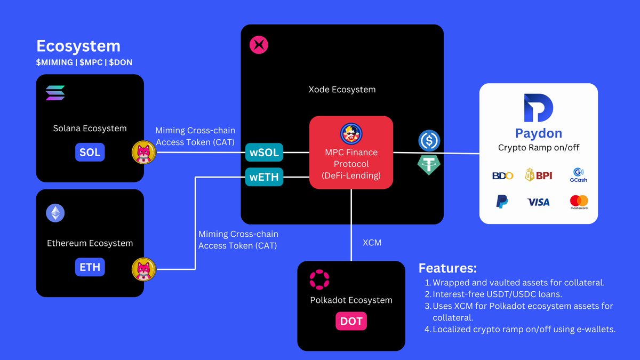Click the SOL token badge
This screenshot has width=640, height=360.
pyautogui.click(x=90, y=153)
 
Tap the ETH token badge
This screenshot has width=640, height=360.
pyautogui.click(x=90, y=267)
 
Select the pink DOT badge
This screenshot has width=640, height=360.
pyautogui.click(x=351, y=321)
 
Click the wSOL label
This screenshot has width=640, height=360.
pyautogui.click(x=264, y=153)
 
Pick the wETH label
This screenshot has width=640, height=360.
pyautogui.click(x=264, y=177)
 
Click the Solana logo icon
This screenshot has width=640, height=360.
pyautogui.click(x=55, y=93)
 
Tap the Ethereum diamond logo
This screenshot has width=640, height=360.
pyautogui.click(x=55, y=213)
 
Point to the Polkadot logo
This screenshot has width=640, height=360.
pyautogui.click(x=319, y=279)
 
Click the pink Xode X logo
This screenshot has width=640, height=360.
pyautogui.click(x=259, y=45)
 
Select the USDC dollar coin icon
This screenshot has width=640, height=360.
pyautogui.click(x=429, y=141)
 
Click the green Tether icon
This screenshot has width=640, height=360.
pyautogui.click(x=429, y=165)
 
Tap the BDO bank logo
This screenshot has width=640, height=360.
pyautogui.click(x=502, y=175)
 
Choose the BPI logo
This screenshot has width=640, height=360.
pyautogui.click(x=539, y=175)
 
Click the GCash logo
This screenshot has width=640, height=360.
pyautogui.click(x=579, y=175)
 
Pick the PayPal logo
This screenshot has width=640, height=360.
pyautogui.click(x=502, y=202)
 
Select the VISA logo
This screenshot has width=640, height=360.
pyautogui.click(x=538, y=202)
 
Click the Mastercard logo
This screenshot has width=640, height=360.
pyautogui.click(x=579, y=202)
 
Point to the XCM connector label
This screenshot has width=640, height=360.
pyautogui.click(x=372, y=243)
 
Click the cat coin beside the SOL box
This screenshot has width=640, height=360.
pyautogui.click(x=143, y=153)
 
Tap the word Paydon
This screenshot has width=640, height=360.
pyautogui.click(x=539, y=133)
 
